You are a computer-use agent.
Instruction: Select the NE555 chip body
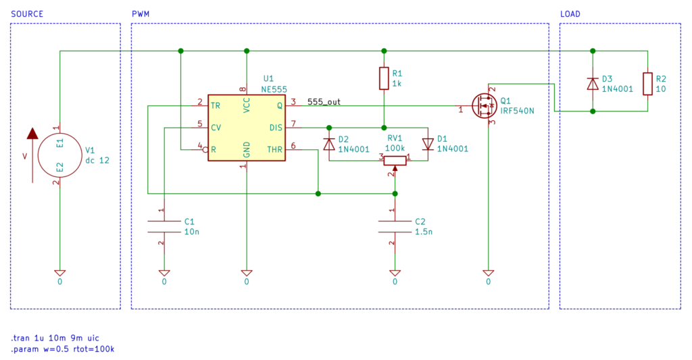tap(246, 128)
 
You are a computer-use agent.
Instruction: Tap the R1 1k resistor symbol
tap(384, 78)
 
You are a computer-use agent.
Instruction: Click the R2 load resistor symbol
tap(647, 84)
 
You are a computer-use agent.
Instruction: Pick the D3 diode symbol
tap(593, 84)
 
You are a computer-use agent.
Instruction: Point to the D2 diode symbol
tap(329, 144)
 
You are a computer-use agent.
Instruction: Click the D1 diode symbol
tap(428, 144)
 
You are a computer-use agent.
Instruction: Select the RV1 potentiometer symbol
tap(395, 160)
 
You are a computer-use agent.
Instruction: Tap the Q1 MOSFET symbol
tap(484, 106)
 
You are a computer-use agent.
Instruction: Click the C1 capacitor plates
tap(164, 226)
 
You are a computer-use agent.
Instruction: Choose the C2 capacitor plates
tap(395, 226)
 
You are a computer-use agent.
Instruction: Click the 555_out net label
tap(324, 102)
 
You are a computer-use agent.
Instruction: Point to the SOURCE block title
tap(27, 14)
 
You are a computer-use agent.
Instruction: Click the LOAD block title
tap(570, 14)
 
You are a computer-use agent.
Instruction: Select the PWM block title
tap(141, 14)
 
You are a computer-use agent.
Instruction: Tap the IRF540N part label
tap(517, 111)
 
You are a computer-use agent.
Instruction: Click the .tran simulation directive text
tap(55, 338)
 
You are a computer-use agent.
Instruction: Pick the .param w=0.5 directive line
tap(63, 349)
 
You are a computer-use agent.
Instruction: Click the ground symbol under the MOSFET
tap(488, 273)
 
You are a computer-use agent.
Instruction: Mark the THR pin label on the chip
tap(274, 149)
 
